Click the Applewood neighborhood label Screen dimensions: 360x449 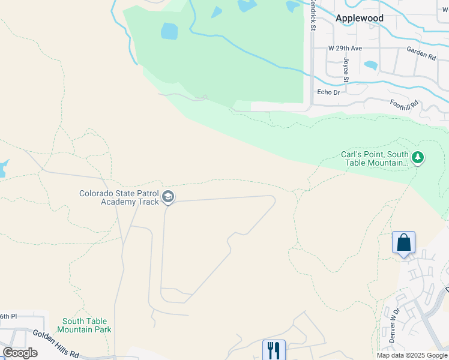point(360,18)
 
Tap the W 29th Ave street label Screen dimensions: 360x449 point(345,48)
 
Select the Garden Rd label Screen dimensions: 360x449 point(420,54)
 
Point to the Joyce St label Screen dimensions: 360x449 point(346,70)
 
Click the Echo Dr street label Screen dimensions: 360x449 point(328,92)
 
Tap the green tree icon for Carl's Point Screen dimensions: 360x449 point(418,158)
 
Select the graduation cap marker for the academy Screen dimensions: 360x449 point(169,196)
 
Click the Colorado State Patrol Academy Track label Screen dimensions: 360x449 point(119,197)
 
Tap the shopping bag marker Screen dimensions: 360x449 point(404,243)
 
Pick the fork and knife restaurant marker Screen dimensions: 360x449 point(274,350)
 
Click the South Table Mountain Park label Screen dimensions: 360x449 point(84,325)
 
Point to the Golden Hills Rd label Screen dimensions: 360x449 point(56,344)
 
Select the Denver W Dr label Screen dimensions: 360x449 point(394,324)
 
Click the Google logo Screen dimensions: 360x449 point(20,353)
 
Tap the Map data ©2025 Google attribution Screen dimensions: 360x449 point(412,355)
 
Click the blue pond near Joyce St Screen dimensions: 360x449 point(371,65)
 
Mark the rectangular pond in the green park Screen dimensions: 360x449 point(170,31)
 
